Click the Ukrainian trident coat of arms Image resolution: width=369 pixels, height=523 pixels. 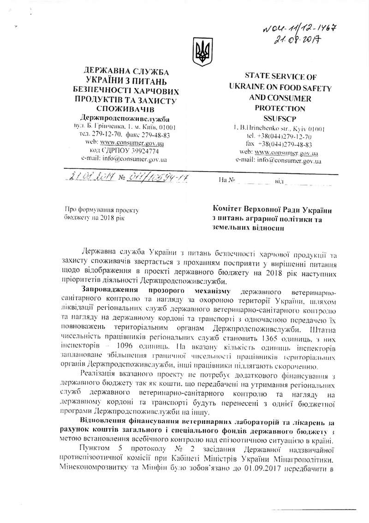point(201,51)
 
